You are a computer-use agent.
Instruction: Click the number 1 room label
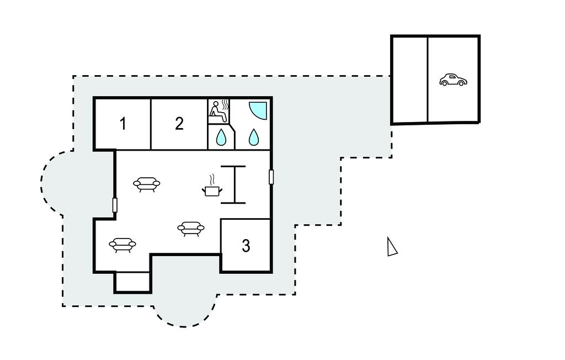click(x=123, y=124)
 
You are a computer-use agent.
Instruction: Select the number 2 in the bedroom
click(x=179, y=124)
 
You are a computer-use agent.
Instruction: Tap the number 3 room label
click(x=246, y=246)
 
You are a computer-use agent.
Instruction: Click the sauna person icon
click(x=219, y=111)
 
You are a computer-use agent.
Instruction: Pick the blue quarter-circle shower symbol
click(x=258, y=110)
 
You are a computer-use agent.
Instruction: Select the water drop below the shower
click(x=254, y=137)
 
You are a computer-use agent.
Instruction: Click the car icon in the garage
click(x=453, y=80)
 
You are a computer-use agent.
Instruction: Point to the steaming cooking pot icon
click(x=212, y=186)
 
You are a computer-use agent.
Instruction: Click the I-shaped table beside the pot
click(x=233, y=184)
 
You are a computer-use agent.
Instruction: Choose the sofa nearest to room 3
click(x=190, y=228)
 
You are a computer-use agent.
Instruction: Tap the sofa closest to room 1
click(x=147, y=184)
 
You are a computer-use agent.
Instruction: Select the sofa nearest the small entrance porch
click(x=122, y=245)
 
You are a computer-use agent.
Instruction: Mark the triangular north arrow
click(x=392, y=247)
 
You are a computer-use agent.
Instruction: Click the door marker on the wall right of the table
click(x=271, y=177)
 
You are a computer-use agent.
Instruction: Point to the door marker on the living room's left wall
click(x=115, y=205)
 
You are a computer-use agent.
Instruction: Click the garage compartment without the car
click(x=410, y=80)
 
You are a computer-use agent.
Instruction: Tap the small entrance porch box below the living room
click(x=132, y=282)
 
